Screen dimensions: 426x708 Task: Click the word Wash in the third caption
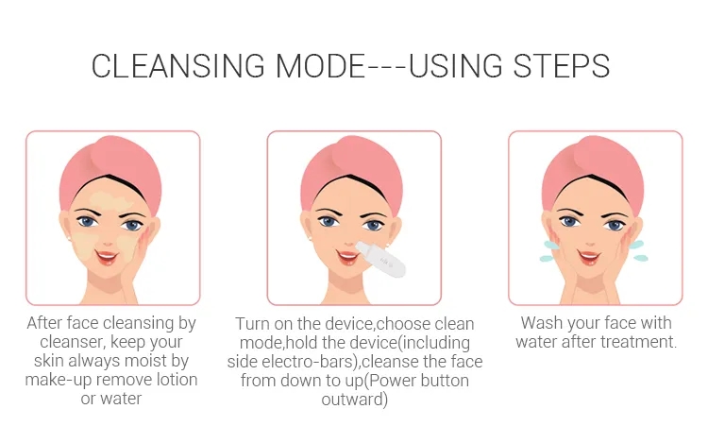(x=542, y=323)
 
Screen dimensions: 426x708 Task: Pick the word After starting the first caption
(x=47, y=323)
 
